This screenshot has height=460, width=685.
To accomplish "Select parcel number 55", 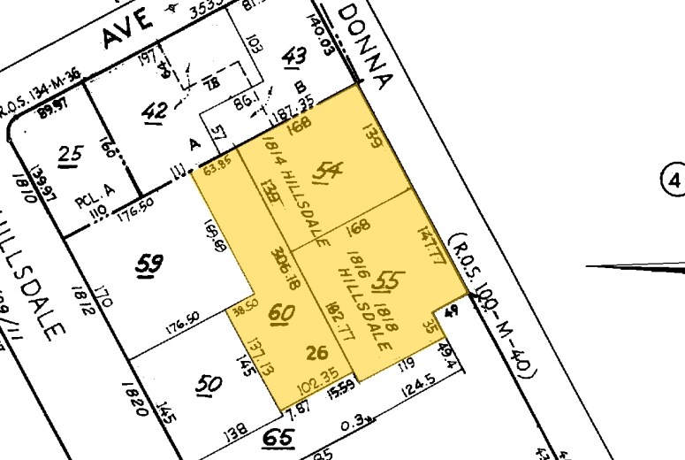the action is coord(384,281).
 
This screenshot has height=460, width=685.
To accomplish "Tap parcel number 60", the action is coord(282,312).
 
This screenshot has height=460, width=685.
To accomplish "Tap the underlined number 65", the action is coord(279,437).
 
